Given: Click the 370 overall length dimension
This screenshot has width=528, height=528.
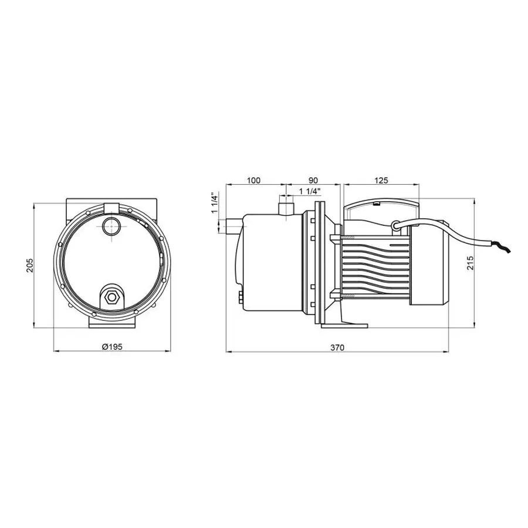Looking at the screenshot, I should coord(336,347).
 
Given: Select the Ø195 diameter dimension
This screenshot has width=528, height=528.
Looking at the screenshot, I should coord(111,347).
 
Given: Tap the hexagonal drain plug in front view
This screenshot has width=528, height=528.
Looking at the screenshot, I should coord(111,297).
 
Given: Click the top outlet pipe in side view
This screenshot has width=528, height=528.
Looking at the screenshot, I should coord(286,207).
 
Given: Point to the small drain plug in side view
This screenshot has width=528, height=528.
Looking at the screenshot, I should coord(240,297).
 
